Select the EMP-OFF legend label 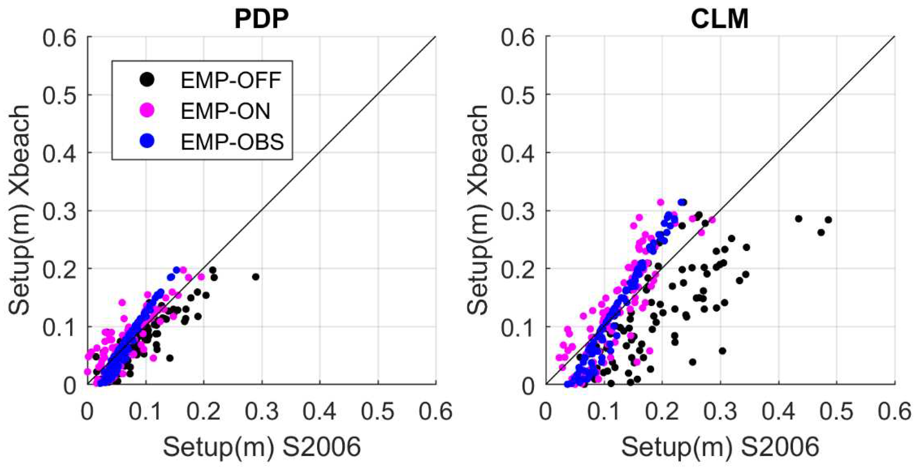[231, 80]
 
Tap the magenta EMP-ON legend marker [147, 111]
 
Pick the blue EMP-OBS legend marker [147, 141]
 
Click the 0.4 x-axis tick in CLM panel [778, 412]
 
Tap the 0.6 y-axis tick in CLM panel [518, 37]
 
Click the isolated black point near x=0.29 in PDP [255, 277]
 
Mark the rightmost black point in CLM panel [828, 220]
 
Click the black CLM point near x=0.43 [799, 219]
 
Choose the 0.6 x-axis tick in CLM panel [894, 412]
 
